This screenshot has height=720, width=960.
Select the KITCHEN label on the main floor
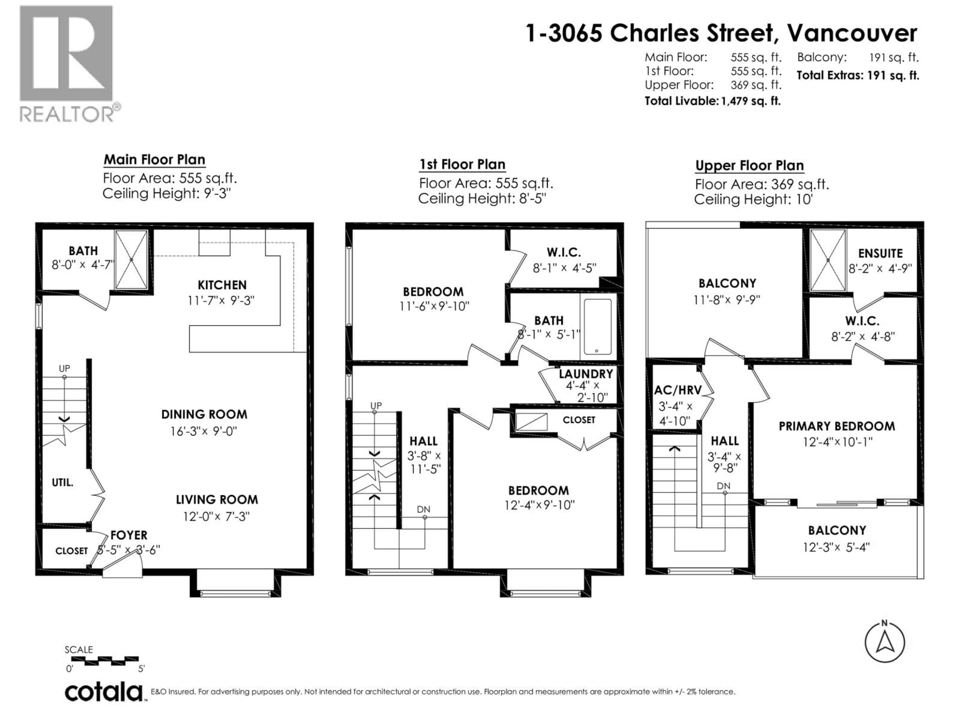click(x=222, y=285)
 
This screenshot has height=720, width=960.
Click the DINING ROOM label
click(x=204, y=414)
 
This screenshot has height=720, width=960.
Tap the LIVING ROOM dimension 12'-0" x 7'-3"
click(x=216, y=516)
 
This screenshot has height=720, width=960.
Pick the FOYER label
click(x=129, y=535)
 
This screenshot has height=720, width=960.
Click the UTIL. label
click(x=62, y=482)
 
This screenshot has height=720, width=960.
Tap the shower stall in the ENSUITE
click(x=828, y=260)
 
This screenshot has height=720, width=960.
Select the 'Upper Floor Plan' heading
click(x=749, y=166)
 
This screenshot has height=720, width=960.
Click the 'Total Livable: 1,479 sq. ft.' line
click(x=712, y=101)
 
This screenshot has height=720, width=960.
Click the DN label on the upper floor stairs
click(x=723, y=486)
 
